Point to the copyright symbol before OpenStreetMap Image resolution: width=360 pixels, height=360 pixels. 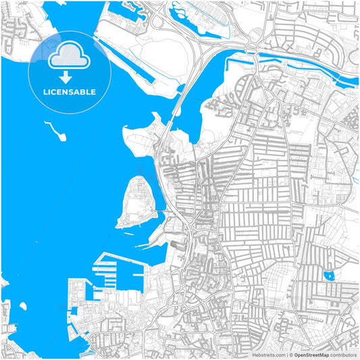[290, 354]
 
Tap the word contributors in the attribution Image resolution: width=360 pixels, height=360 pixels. [344, 354]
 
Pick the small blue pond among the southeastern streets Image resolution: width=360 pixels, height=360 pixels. [329, 276]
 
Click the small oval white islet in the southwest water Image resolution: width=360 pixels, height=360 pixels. [23, 306]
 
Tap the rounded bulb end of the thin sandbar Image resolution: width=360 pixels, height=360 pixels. [62, 138]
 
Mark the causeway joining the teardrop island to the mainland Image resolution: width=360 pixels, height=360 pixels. [162, 211]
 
